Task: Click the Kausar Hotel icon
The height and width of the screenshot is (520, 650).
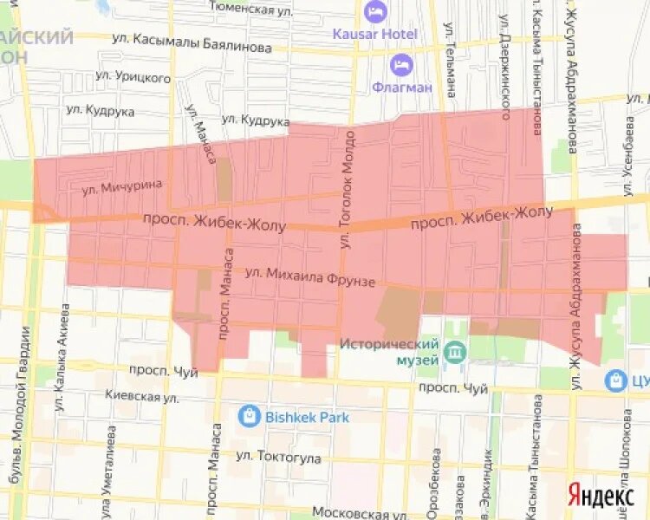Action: pos(375,12)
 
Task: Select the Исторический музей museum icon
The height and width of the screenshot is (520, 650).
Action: pos(453,353)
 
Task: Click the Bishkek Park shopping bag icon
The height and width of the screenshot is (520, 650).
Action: pos(250,416)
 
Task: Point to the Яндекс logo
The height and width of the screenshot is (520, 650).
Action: pos(601,495)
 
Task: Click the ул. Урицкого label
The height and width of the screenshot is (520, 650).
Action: pos(133,78)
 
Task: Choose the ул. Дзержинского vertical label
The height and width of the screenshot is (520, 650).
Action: pos(504,61)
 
